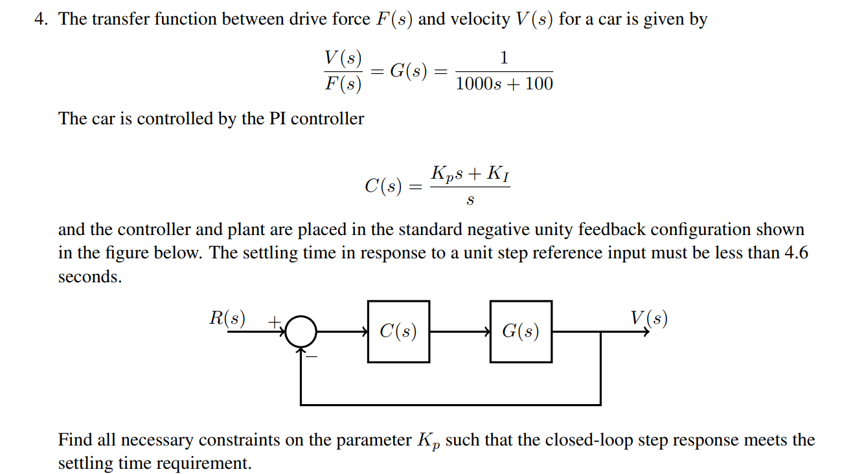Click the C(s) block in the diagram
coord(398,331)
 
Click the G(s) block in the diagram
coord(521,331)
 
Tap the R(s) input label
coord(227,318)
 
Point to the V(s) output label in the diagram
coord(649,318)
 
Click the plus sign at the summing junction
coord(274,320)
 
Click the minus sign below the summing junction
coord(312,356)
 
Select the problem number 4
coord(41,19)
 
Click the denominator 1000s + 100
coord(505,84)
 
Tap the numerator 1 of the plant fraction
coord(505,58)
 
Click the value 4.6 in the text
coord(796,253)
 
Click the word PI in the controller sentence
coord(277,119)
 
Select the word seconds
coord(89,276)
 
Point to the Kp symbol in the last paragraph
coord(426,442)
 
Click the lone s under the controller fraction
coord(470,201)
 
